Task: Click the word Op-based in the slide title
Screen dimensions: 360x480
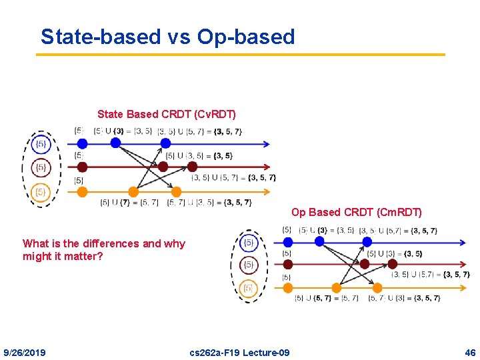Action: (x=246, y=37)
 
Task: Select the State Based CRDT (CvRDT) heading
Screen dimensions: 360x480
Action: (x=166, y=115)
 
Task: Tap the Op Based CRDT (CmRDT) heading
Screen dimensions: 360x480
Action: (x=356, y=213)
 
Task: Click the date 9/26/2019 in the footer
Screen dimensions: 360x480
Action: (x=25, y=352)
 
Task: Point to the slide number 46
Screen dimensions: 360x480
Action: (x=471, y=352)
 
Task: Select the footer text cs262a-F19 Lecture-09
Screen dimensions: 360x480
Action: (x=239, y=352)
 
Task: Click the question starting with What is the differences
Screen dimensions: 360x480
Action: (x=104, y=249)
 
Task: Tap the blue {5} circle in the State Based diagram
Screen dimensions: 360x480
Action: (x=41, y=143)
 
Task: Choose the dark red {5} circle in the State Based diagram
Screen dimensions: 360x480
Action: (x=41, y=167)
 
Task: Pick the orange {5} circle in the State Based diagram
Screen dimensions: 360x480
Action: (x=41, y=193)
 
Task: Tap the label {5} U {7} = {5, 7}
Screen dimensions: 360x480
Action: (x=129, y=203)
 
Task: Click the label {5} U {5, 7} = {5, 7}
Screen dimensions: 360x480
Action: (x=327, y=298)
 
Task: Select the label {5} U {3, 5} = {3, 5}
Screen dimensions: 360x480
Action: (x=199, y=156)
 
